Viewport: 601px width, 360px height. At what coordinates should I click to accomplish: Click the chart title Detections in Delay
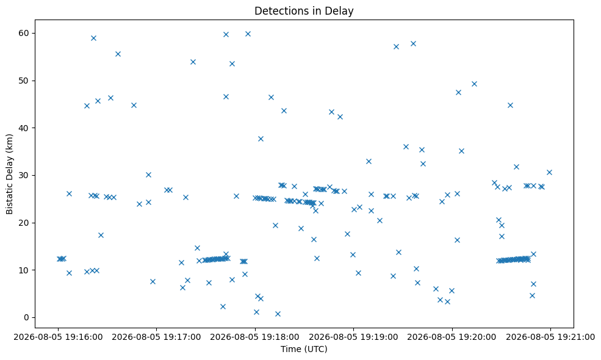(x=304, y=11)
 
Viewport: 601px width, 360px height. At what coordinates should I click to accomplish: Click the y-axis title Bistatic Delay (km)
(x=10, y=174)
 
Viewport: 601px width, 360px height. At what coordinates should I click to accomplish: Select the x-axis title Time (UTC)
(x=304, y=349)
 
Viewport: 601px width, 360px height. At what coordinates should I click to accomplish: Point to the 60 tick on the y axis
(x=23, y=33)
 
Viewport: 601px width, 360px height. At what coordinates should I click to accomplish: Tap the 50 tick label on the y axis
(x=23, y=81)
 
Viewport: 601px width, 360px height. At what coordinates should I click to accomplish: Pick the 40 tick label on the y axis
(x=23, y=128)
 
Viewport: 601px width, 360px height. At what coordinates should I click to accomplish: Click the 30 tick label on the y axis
(x=23, y=175)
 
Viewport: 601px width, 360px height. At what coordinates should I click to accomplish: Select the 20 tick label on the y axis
(x=23, y=223)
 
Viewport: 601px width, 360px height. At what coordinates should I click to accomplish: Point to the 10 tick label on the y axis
(x=23, y=270)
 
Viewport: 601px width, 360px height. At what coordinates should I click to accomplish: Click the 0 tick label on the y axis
(x=26, y=317)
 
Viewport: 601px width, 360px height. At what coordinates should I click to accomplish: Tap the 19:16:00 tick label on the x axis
(x=58, y=337)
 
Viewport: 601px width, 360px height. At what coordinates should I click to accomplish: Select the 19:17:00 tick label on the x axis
(x=156, y=337)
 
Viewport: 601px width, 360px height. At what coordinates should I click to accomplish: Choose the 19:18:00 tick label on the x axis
(x=255, y=337)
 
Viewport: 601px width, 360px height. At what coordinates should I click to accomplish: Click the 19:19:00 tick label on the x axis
(x=353, y=337)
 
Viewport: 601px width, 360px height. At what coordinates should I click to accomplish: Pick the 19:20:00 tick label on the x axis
(x=452, y=337)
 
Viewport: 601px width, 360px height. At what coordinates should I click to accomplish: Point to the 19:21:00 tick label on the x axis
(x=550, y=337)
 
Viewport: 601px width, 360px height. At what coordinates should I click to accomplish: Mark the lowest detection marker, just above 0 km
(x=278, y=314)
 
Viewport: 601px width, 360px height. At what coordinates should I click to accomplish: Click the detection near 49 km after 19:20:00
(x=474, y=84)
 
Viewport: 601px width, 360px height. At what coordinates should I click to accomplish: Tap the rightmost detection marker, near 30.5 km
(x=549, y=173)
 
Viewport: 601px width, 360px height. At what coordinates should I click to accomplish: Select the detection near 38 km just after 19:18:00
(x=261, y=139)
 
